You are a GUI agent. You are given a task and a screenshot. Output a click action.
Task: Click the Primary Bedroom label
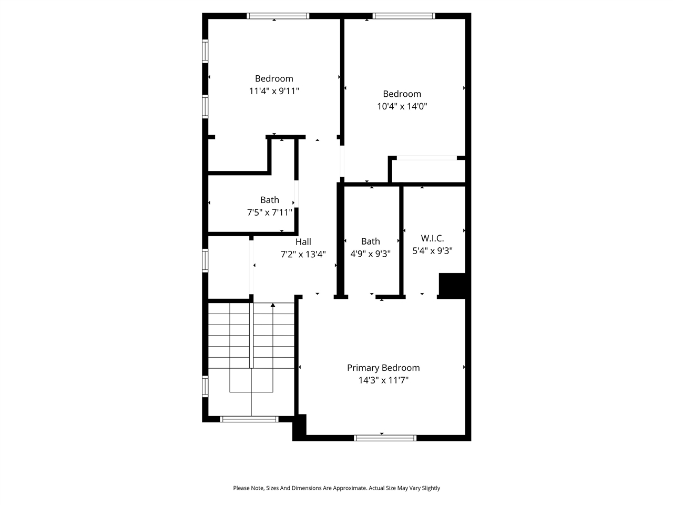(x=383, y=368)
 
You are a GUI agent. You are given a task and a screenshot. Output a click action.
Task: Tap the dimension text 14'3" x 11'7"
(x=383, y=380)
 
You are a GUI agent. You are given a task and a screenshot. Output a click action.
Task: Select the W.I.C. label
(x=432, y=238)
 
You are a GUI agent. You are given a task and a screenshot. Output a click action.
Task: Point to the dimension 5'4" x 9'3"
(x=432, y=251)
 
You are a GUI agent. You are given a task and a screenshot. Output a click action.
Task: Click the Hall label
(x=303, y=242)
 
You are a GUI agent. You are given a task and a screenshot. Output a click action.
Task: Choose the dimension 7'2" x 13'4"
(x=303, y=254)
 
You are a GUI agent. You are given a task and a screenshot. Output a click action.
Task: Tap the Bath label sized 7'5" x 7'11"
(x=270, y=200)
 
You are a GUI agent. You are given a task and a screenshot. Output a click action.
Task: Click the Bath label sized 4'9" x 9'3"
(x=370, y=241)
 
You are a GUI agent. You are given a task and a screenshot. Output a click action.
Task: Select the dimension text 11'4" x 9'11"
(x=274, y=91)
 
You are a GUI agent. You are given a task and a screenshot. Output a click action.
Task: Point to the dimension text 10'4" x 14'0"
(x=402, y=106)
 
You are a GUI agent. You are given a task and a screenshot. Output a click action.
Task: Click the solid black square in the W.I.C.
(x=452, y=286)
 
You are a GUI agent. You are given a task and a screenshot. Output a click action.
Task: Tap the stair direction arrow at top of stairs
(x=272, y=305)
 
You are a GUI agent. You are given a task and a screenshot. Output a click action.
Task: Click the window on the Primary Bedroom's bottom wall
(x=385, y=437)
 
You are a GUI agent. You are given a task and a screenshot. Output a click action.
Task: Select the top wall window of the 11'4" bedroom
(x=278, y=16)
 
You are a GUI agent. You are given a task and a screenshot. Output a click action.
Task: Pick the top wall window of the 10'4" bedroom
(x=404, y=16)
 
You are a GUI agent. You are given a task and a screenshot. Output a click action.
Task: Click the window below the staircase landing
(x=249, y=419)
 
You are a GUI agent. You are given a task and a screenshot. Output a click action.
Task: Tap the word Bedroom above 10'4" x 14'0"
(x=402, y=94)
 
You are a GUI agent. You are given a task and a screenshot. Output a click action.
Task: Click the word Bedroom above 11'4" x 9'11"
(x=274, y=78)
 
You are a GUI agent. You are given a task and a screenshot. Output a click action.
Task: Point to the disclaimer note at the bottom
(x=336, y=488)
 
